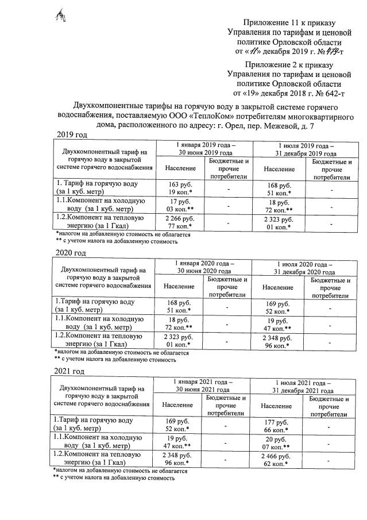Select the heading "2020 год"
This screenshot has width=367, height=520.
click(x=71, y=253)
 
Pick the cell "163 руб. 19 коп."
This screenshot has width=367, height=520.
click(x=179, y=188)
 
